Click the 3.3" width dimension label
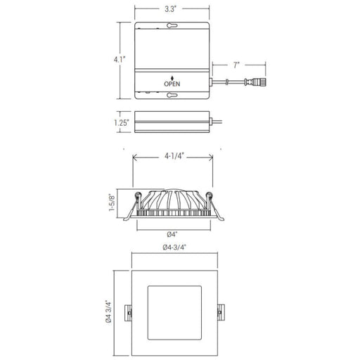point(170,9)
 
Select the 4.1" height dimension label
point(120,60)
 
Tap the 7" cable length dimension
point(236,65)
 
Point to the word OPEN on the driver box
point(172,84)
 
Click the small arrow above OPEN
point(172,78)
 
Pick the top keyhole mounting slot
point(172,25)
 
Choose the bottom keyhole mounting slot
point(172,95)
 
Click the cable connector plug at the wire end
point(256,82)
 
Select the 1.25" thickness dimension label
point(122,122)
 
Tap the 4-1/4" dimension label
point(174,156)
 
